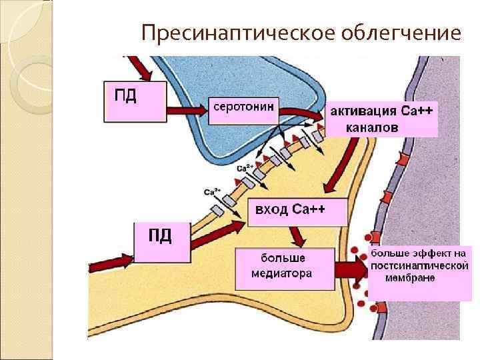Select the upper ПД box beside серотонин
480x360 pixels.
[x=134, y=101]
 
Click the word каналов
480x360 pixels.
[x=373, y=127]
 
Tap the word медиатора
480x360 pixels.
[x=281, y=273]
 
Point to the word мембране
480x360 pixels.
[x=409, y=277]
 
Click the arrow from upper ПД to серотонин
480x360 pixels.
[x=187, y=108]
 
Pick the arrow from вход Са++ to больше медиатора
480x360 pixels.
[x=296, y=235]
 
